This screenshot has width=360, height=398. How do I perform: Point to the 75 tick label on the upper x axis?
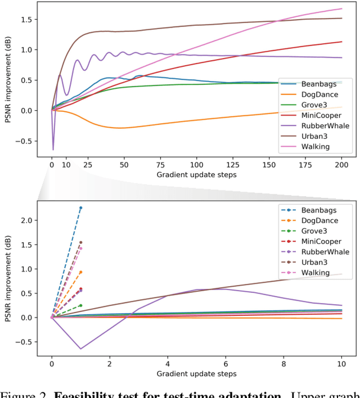[x=161, y=165]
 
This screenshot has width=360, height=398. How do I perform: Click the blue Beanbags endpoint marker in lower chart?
[x=80, y=208]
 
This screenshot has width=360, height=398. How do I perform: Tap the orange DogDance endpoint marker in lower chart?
[x=80, y=272]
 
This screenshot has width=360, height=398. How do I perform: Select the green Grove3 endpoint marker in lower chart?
[x=80, y=305]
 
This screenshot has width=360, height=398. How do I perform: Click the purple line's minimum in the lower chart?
[x=80, y=349]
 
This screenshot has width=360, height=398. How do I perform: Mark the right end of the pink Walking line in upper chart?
[x=342, y=9]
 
